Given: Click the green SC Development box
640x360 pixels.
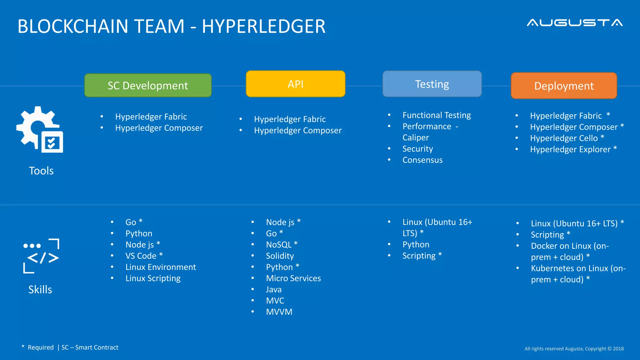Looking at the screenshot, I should pos(148,85).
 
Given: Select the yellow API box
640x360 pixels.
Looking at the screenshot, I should pos(295,84).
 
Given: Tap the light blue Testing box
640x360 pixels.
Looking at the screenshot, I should pos(432,84).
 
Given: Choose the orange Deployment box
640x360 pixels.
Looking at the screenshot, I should pos(564,86).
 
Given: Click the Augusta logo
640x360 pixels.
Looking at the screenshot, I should pos(574,23).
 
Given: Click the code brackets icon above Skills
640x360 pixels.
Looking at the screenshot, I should pos(41,256).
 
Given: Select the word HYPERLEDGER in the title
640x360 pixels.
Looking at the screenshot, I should pos(263,26).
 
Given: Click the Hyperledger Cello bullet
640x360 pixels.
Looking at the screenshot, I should pos(564,138).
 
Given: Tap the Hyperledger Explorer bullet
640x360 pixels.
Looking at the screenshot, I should pos(570,149).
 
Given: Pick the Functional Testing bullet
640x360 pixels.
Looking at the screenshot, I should pos(437,115).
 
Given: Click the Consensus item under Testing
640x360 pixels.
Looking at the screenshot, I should pos(422,160).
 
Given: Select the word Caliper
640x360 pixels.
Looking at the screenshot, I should pos(416,137).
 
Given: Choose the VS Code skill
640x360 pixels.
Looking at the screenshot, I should pos(141,256).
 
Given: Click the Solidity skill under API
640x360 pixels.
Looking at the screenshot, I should pos(280,256).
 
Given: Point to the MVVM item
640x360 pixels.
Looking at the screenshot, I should pos(279,312).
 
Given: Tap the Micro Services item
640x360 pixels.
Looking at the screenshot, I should pos(293,278).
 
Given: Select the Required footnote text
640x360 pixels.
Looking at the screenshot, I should pos(41,347).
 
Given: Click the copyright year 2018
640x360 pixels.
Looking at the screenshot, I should pos(618,349).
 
